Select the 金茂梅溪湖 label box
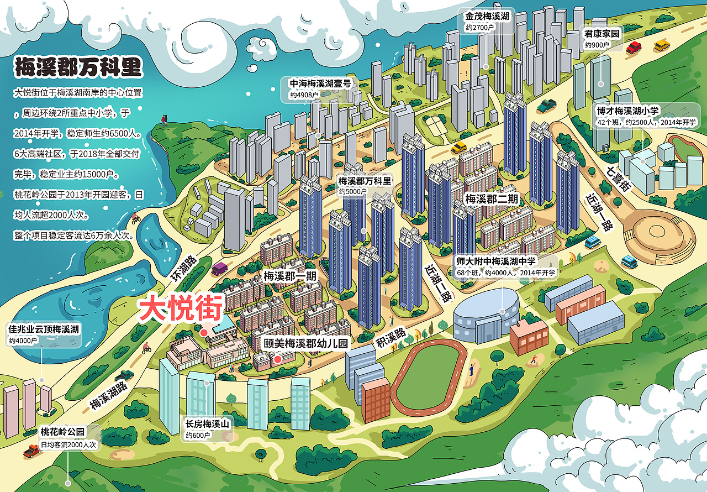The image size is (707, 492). pyautogui.click(x=488, y=21)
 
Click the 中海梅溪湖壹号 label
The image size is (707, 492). pyautogui.click(x=320, y=88)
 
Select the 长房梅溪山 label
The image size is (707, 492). pyautogui.click(x=207, y=429)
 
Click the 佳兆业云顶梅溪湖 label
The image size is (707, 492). pyautogui.click(x=44, y=334)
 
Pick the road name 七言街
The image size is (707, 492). pyautogui.click(x=618, y=178)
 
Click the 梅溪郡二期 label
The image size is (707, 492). pyautogui.click(x=492, y=198)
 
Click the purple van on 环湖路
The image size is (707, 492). pyautogui.click(x=219, y=268)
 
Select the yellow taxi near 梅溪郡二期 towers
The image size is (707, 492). pyautogui.click(x=458, y=148)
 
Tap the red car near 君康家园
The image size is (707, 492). pyautogui.click(x=635, y=47)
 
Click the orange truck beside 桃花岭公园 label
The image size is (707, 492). pyautogui.click(x=32, y=452)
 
